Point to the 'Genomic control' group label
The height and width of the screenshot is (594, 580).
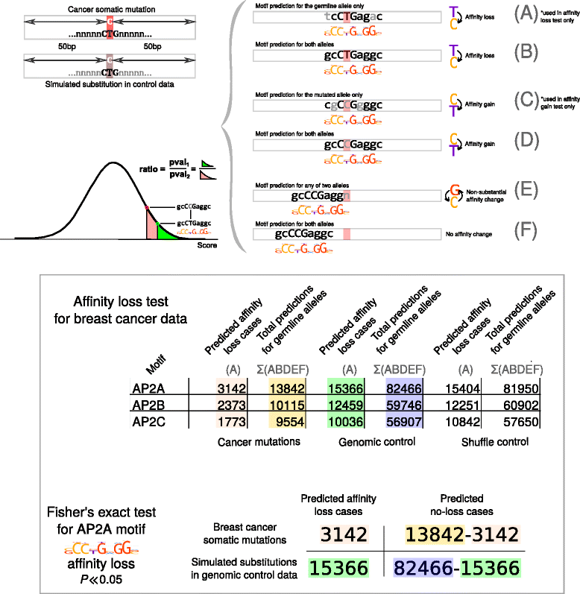[368, 441]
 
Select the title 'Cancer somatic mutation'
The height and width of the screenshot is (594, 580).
[110, 7]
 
